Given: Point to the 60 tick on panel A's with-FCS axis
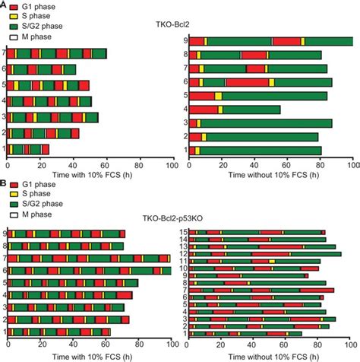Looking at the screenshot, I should pos(106,163).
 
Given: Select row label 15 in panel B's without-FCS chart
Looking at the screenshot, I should pos(183,232).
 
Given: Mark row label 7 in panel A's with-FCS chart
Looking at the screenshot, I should pos(5,53).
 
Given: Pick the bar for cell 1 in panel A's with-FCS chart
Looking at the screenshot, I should pos(28,149).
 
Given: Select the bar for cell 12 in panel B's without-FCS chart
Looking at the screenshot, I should pos(265,254).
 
